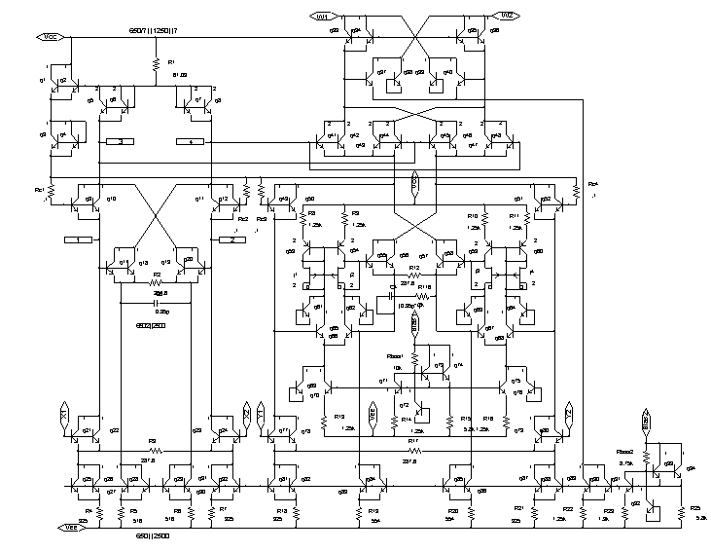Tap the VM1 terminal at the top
click(323, 16)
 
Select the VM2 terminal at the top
click(508, 16)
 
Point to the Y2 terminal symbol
click(567, 413)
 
